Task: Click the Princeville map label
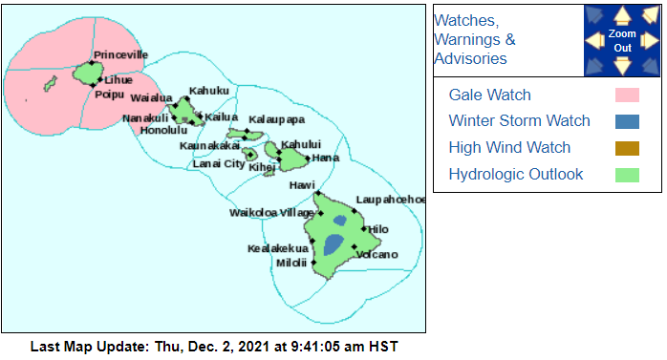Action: (x=119, y=54)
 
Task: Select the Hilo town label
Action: (x=379, y=230)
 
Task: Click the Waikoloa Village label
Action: (x=265, y=212)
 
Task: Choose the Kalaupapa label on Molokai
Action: (x=276, y=119)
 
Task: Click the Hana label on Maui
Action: (x=326, y=158)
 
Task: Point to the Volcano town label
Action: (x=377, y=254)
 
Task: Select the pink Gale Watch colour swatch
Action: (x=627, y=95)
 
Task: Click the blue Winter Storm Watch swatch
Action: (x=627, y=121)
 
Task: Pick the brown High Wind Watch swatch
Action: (x=627, y=148)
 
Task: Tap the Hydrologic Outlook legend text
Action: (x=516, y=175)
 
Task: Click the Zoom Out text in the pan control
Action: (x=621, y=40)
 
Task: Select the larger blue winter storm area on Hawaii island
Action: (x=333, y=244)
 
